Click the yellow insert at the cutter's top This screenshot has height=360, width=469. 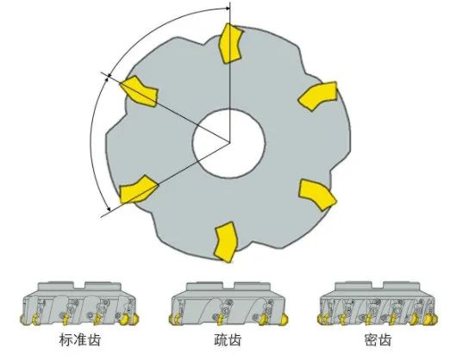pyautogui.click(x=230, y=44)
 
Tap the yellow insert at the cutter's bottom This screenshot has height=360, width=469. pyautogui.click(x=226, y=242)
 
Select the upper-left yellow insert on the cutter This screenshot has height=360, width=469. pyautogui.click(x=139, y=90)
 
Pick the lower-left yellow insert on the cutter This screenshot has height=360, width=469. pyautogui.click(x=138, y=189)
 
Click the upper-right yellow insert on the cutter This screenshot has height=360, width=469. pyautogui.click(x=318, y=96)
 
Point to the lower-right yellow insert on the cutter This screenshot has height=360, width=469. pyautogui.click(x=317, y=195)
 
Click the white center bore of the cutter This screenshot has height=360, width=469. pyautogui.click(x=228, y=144)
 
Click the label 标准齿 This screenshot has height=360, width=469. pyautogui.click(x=80, y=339)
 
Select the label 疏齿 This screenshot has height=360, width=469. pyautogui.click(x=228, y=339)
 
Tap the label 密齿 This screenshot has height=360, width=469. pyautogui.click(x=378, y=339)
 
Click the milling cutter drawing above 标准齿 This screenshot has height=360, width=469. pyautogui.click(x=79, y=303)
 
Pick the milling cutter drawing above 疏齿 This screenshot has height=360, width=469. pyautogui.click(x=228, y=303)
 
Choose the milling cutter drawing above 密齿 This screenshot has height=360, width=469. pyautogui.click(x=378, y=303)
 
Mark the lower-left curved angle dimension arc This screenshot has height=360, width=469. pyautogui.click(x=91, y=144)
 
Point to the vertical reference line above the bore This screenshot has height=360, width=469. pyautogui.click(x=229, y=71)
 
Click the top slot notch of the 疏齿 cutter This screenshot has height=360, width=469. pyautogui.click(x=228, y=286)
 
